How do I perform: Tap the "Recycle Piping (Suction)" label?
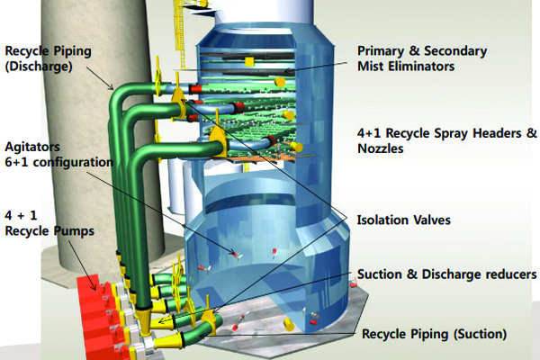[434, 334]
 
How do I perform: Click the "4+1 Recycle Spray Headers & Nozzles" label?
[446, 141]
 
